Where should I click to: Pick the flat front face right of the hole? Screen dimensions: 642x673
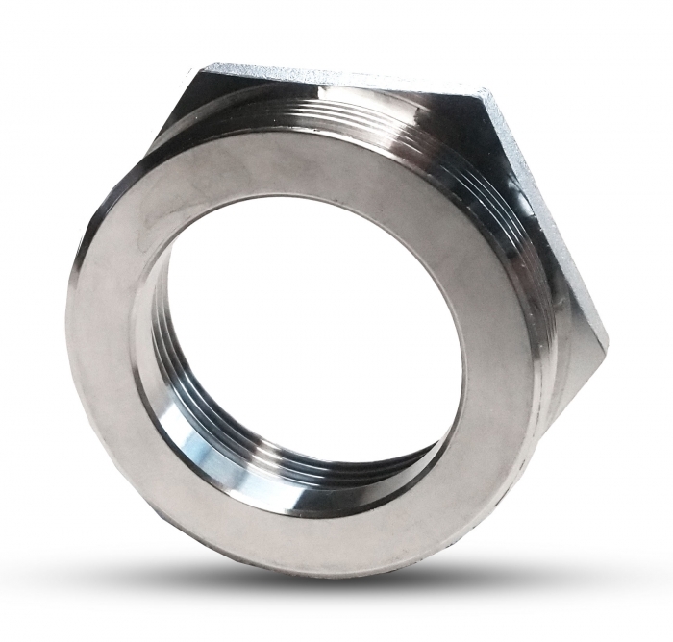click(495, 365)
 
